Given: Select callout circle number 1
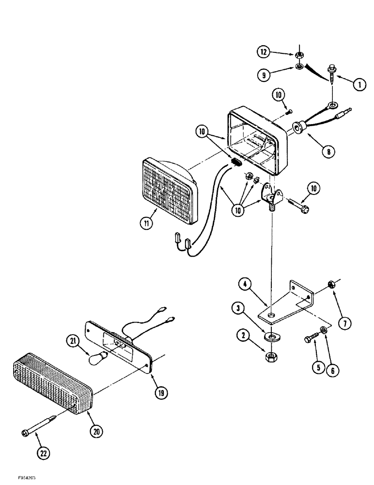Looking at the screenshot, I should click(x=358, y=84).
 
